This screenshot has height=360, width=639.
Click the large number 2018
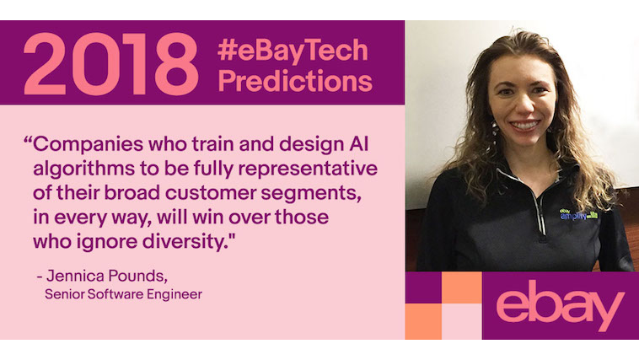pos(110,63)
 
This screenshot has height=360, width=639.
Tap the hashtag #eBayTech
pos(293,50)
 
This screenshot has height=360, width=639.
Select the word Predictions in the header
pos(295,81)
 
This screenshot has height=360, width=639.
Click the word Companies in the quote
pos(88,145)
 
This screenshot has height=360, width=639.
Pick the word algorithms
pos(84,169)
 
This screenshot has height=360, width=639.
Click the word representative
pos(308,169)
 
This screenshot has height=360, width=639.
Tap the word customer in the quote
pos(211,193)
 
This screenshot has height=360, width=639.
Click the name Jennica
pos(76,276)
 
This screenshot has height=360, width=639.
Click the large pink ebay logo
pos(561,304)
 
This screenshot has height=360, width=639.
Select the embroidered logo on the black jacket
pos(578,214)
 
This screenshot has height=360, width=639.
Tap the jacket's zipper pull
pos(543,233)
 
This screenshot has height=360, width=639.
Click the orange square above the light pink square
pos(462,287)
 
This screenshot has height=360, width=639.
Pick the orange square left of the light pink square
pos(423,321)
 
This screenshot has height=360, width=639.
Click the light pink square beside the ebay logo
pos(462,321)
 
